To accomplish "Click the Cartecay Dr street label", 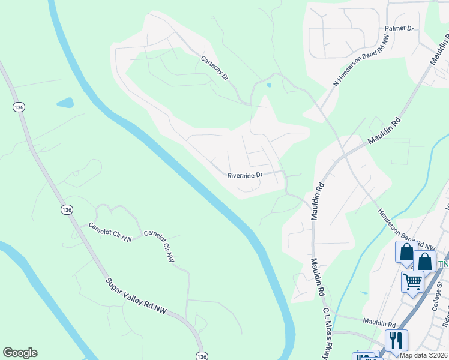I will coord(215,68).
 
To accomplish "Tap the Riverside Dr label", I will coord(245,176).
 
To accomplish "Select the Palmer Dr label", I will coord(400,28).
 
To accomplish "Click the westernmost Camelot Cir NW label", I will coord(110,233).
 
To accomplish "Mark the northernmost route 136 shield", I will coord(18,107).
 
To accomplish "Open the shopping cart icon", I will coord(412,281).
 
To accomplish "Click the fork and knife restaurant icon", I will coord(396,340).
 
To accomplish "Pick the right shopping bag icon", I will coord(424,261).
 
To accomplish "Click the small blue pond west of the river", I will coord(65,103).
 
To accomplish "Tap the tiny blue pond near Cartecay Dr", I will coord(268,85).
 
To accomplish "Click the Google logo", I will coord(20,353).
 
